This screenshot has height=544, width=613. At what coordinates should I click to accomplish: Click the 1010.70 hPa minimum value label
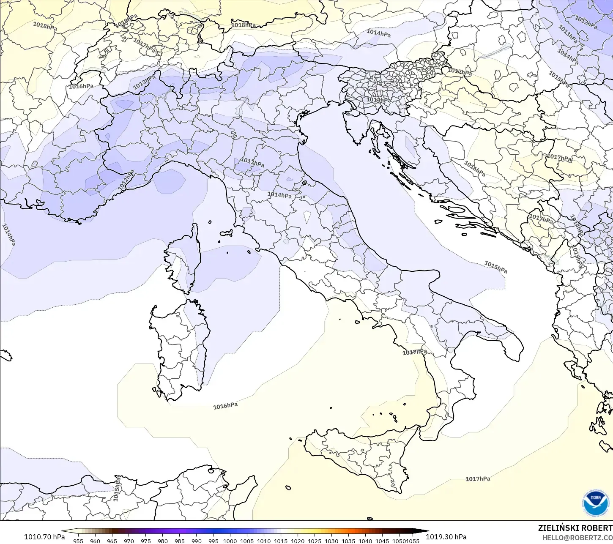[x=44, y=537]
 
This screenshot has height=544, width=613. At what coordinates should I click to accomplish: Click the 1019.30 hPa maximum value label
[x=446, y=537]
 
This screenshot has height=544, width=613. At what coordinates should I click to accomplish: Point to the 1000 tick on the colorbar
[x=230, y=541]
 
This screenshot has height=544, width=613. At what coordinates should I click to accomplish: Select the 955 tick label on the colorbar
[x=78, y=541]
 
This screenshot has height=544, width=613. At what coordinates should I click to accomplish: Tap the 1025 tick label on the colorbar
[x=315, y=541]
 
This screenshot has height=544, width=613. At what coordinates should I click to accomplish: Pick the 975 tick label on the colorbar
[x=145, y=541]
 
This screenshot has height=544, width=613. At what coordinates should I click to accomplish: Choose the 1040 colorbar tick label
[x=365, y=541]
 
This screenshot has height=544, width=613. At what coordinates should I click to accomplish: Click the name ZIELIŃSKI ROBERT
[x=575, y=528]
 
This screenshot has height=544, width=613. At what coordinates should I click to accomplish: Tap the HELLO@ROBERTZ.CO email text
[x=577, y=537]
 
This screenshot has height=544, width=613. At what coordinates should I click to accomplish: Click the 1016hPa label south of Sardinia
[x=225, y=406]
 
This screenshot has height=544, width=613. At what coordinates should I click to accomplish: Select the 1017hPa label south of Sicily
[x=478, y=478]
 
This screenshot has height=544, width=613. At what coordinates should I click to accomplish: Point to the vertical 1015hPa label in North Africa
[x=117, y=489]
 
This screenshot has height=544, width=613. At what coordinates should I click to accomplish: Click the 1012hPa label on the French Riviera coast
[x=126, y=179]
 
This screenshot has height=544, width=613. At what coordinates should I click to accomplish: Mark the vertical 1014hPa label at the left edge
[x=8, y=235]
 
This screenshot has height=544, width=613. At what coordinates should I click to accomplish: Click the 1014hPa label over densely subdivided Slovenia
[x=378, y=100]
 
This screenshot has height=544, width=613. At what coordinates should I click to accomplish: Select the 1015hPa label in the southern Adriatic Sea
[x=495, y=267]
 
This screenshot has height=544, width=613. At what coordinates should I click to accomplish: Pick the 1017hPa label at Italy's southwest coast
[x=414, y=352]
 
